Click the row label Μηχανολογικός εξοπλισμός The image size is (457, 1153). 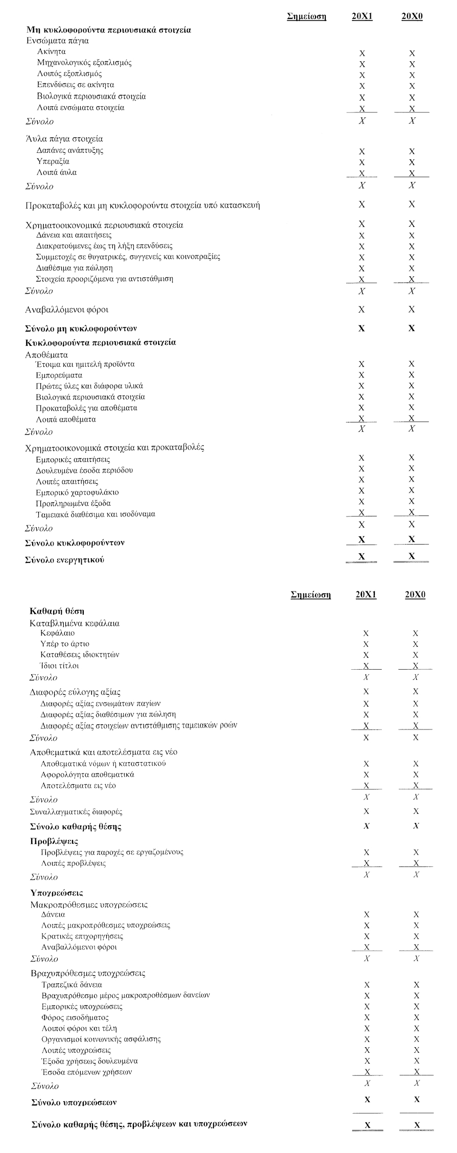pos(84,63)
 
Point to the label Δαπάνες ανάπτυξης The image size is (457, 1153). pos(70,150)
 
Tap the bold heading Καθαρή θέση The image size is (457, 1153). pos(57,610)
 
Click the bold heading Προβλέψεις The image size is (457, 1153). pos(54,841)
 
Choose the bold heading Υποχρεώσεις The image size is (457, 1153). pos(57,893)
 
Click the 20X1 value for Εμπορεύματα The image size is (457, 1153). pos(362,375)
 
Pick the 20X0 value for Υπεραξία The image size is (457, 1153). pos(412,162)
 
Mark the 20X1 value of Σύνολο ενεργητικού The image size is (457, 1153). pos(362,557)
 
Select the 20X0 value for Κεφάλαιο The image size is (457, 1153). pos(415,633)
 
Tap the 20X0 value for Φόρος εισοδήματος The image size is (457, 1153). pos(417,1018)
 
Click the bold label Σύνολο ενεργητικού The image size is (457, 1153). pos(65,560)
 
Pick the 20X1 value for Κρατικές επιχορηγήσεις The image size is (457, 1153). pos(366,936)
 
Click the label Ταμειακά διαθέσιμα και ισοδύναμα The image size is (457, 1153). pos(95,514)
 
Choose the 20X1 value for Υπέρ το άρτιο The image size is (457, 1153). pos(365,644)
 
